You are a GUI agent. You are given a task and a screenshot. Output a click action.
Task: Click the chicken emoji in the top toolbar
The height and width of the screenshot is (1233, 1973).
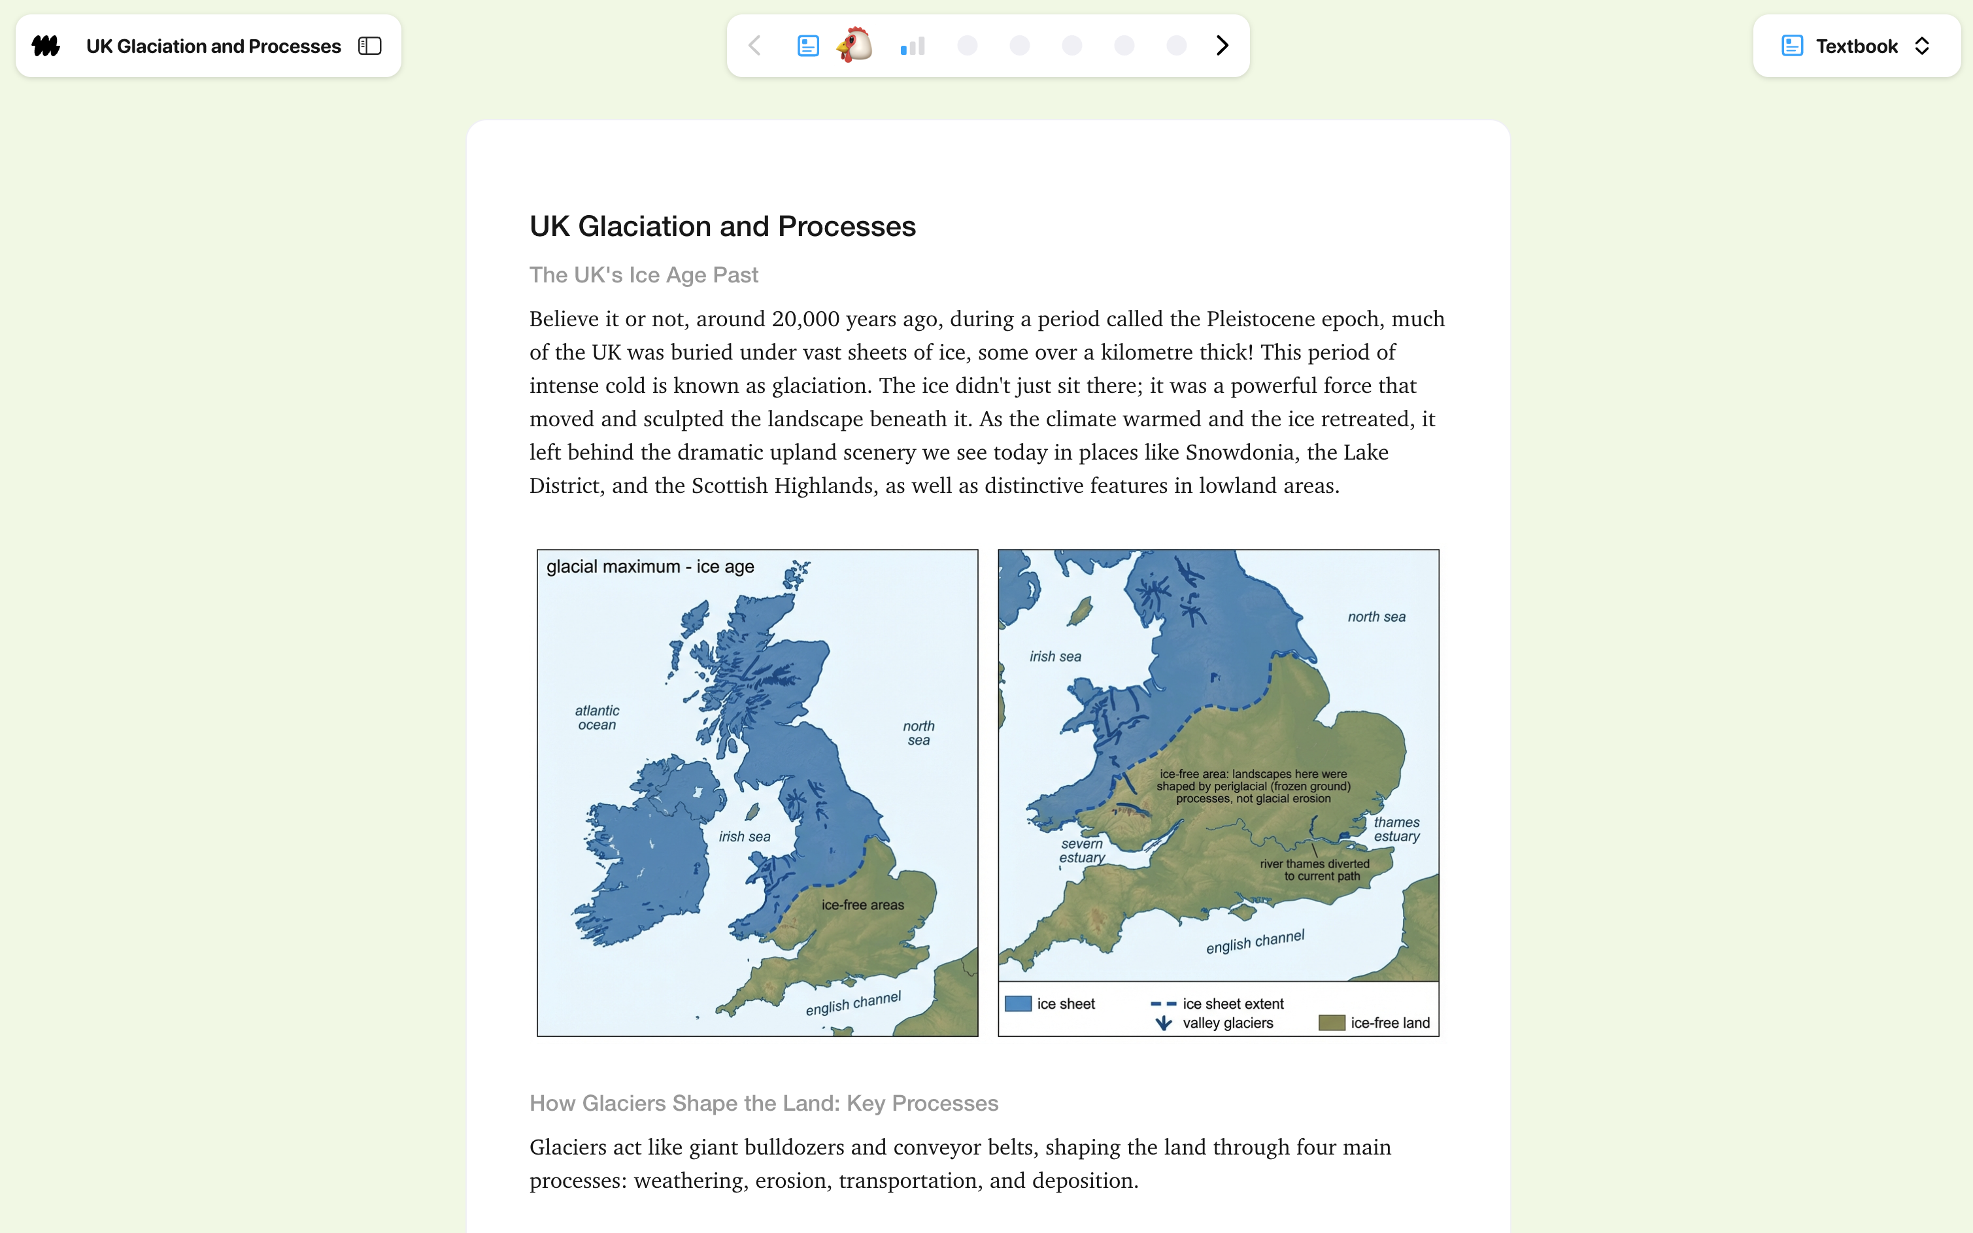point(854,45)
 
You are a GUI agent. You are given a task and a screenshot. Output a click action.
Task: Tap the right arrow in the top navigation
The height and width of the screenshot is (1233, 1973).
point(1221,46)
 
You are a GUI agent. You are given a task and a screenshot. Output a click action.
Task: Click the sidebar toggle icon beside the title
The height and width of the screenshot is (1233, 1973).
point(370,46)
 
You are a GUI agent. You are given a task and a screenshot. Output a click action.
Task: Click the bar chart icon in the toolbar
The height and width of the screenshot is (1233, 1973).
point(913,46)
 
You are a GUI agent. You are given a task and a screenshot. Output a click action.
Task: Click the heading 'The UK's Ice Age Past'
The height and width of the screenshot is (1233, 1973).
point(643,275)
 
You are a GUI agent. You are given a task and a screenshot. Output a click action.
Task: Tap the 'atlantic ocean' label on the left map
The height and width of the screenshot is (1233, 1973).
point(597,718)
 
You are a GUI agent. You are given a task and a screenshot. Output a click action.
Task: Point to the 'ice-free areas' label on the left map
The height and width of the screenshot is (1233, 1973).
point(862,905)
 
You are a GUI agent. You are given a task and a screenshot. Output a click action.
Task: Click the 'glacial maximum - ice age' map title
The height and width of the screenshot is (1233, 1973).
point(650,567)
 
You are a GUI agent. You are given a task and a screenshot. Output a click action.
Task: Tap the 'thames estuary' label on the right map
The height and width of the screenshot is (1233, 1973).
point(1396,830)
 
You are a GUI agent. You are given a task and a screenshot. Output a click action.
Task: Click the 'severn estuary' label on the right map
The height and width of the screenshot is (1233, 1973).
point(1082,851)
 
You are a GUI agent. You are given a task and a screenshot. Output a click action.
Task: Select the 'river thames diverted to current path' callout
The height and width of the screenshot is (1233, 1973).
point(1315,870)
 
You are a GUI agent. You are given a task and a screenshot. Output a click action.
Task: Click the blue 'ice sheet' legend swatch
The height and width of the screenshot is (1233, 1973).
point(1017,1004)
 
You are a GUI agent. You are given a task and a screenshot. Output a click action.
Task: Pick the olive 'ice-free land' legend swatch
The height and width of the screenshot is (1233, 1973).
point(1332,1023)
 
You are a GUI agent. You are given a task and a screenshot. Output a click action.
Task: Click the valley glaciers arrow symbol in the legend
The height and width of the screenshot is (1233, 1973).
point(1164,1023)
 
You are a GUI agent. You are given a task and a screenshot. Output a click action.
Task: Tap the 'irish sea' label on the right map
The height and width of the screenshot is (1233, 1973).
point(1055,656)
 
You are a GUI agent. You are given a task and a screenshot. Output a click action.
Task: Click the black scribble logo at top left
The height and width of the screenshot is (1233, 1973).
point(46,46)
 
